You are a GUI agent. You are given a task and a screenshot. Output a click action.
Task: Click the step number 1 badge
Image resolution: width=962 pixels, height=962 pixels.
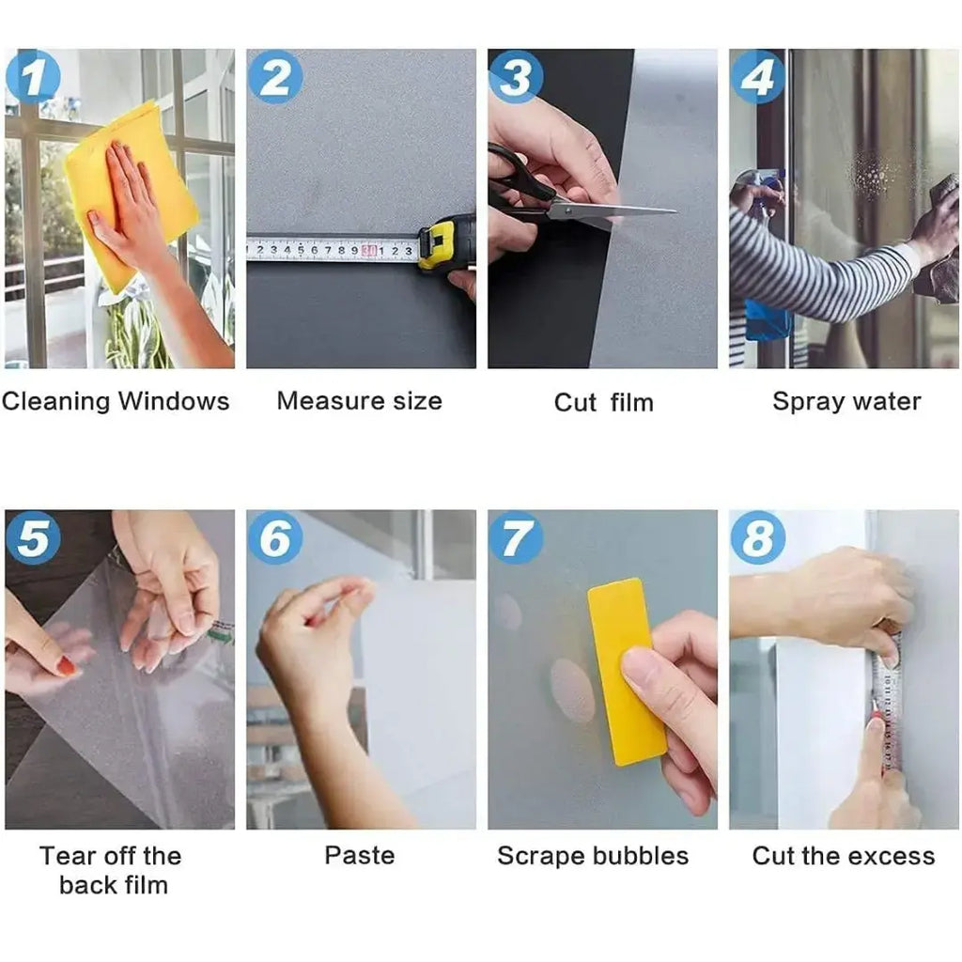pos(33,77)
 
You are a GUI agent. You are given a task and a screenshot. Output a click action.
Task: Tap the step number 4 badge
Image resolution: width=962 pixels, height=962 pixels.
pos(757,77)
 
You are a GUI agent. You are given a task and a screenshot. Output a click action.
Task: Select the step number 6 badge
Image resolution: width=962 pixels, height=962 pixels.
pos(275,537)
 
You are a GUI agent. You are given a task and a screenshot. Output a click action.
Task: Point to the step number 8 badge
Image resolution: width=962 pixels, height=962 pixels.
pos(757,537)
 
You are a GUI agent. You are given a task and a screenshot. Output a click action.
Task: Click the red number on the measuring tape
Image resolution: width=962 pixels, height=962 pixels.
pos(369,250)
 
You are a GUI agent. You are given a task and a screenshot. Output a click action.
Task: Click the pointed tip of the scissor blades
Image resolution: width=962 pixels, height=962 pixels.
pos(676,212)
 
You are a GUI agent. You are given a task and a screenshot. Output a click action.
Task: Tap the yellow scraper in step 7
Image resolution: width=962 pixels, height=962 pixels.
pos(626,672)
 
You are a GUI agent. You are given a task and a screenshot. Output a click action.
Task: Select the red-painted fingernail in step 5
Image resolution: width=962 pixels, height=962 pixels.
pos(66,666)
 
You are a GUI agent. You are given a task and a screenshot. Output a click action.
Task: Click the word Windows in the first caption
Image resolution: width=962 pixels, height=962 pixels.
pos(174,401)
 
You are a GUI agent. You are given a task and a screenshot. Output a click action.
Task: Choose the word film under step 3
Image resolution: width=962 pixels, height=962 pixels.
pos(632,402)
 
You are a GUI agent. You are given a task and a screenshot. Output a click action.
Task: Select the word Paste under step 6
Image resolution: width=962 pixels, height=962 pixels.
pos(360,855)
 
